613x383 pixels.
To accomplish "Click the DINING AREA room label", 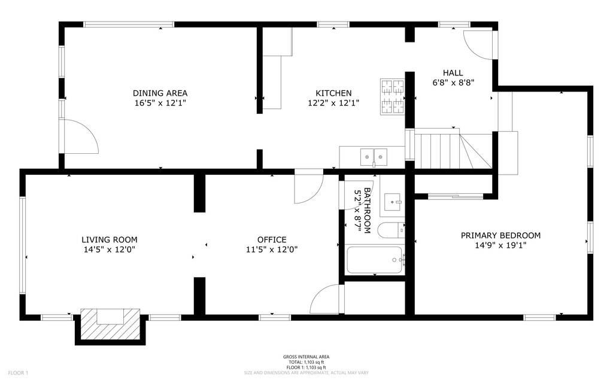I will click(x=160, y=93).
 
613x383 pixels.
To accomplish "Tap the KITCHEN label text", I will click(x=333, y=93).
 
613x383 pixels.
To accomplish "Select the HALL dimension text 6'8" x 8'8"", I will click(x=453, y=83).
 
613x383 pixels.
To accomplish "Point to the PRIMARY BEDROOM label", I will click(x=500, y=235).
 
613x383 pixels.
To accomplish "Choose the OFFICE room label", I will click(x=272, y=239).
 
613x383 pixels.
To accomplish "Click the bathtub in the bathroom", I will click(x=375, y=260).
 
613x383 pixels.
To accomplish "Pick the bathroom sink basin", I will click(x=393, y=203).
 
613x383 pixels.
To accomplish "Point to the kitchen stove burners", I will click(x=392, y=96).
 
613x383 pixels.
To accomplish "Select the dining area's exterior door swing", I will click(x=81, y=136).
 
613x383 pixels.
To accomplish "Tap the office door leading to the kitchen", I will click(x=309, y=187).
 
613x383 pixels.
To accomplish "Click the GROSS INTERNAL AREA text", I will click(x=306, y=357).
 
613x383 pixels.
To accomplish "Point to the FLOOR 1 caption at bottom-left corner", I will click(x=18, y=373).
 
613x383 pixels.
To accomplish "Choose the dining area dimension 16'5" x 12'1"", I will click(x=160, y=103).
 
